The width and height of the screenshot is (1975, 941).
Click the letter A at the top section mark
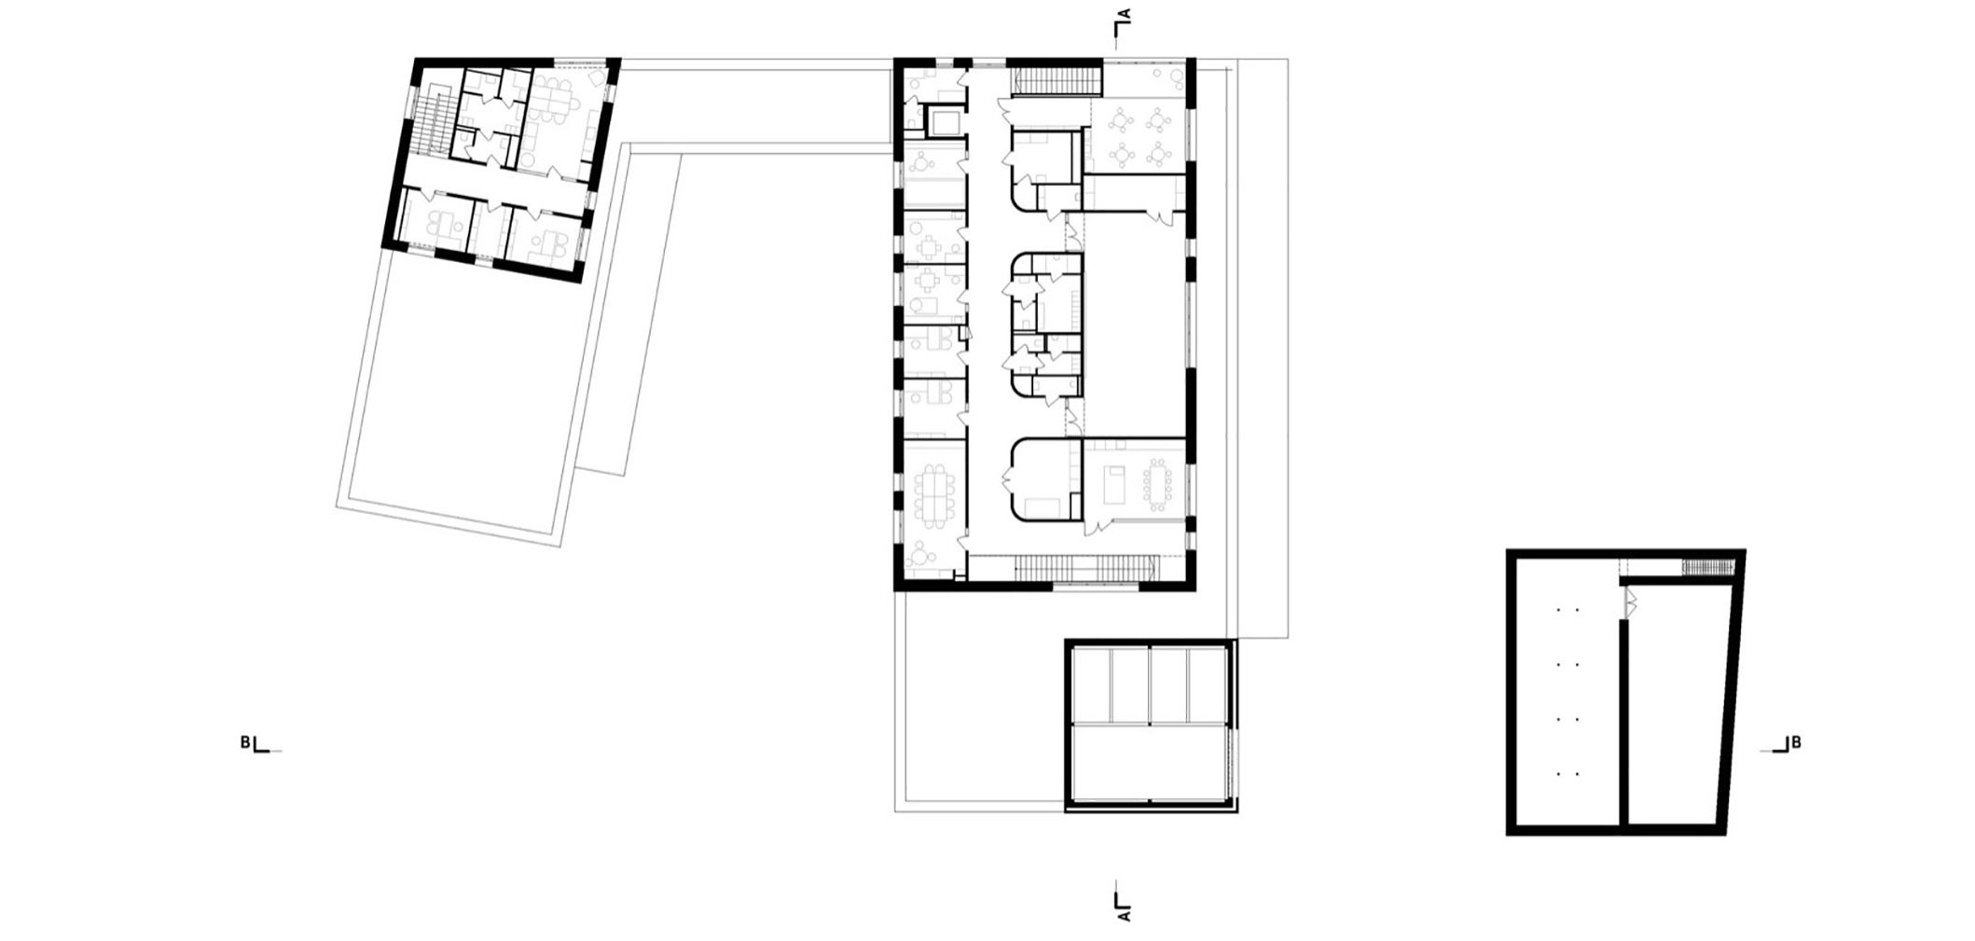(1126, 15)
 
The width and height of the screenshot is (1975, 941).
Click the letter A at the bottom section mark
(1126, 917)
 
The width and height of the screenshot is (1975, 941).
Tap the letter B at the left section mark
(245, 742)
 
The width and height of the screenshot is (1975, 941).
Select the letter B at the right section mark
(1796, 742)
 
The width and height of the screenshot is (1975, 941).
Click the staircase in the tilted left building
(430, 126)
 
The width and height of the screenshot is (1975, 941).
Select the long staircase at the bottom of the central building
(1085, 567)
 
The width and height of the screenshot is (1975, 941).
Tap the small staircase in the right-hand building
(1707, 567)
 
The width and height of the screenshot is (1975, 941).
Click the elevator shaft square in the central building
(943, 121)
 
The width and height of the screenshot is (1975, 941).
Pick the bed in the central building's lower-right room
(1116, 485)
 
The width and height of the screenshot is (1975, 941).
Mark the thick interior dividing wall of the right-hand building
(1623, 723)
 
